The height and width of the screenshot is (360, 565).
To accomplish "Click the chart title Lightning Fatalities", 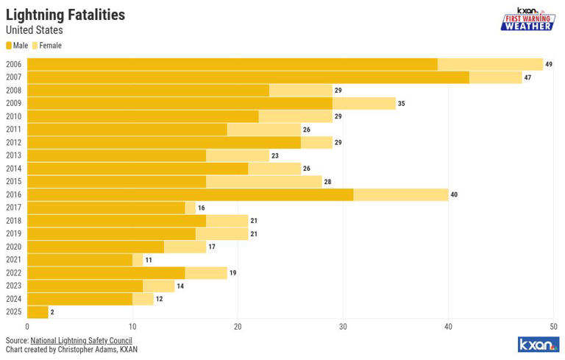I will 65,15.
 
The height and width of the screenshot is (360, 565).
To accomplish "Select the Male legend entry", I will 17,46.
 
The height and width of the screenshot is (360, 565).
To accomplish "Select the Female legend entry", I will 47,46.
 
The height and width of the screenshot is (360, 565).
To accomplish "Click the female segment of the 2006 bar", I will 490,64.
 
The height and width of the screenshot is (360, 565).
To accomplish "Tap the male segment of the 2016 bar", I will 190,194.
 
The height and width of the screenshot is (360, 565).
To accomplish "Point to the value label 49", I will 548,64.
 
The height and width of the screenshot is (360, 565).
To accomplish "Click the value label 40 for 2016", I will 454,194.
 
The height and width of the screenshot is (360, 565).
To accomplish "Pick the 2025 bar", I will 38,312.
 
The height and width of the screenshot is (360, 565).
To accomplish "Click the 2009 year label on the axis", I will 13,103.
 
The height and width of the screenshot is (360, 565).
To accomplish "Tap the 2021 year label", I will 13,260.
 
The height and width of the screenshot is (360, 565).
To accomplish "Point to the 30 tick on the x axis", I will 343,327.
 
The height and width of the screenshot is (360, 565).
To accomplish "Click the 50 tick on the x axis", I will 553,327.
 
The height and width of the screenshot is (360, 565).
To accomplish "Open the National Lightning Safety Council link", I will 81,341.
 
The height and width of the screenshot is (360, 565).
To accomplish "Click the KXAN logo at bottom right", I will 537,345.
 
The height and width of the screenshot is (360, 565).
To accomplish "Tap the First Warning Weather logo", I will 527,18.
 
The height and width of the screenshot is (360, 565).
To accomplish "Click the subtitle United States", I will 34,30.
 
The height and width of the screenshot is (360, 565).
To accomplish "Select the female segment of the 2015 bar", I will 263,182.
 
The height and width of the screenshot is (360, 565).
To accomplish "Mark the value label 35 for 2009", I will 401,103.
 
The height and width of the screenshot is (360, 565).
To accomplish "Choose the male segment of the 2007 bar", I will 248,77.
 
